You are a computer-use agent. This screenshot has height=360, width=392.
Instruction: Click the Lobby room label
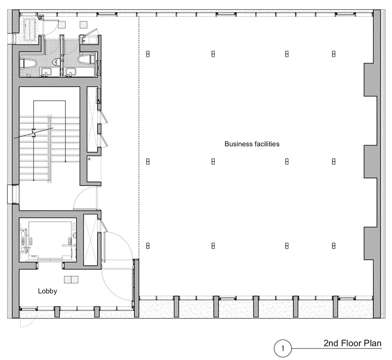click(47, 291)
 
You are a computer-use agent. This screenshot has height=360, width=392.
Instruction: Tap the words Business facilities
click(252, 144)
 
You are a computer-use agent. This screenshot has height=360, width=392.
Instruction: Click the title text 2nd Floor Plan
click(352, 343)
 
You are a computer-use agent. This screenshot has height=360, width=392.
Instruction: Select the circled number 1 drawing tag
click(283, 348)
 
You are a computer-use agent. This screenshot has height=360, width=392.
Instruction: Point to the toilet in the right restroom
click(85, 60)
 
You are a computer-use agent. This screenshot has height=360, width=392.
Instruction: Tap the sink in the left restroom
click(46, 72)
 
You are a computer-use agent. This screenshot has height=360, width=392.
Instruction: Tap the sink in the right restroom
click(71, 72)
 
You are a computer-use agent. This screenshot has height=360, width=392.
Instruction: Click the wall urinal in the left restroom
click(56, 62)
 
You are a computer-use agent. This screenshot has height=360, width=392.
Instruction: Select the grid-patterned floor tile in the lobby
click(71, 280)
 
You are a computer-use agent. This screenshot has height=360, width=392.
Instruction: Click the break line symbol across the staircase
click(34, 133)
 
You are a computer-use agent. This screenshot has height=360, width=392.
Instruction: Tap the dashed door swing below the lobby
click(25, 323)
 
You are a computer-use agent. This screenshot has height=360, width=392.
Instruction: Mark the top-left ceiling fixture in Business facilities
click(148, 54)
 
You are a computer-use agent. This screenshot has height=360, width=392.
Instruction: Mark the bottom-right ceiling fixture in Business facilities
click(334, 246)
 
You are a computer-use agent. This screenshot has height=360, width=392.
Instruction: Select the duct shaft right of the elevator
click(90, 240)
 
